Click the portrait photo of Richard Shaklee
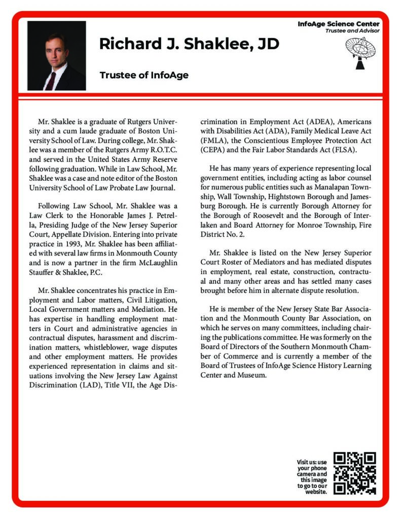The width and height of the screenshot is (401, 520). tap(56, 55)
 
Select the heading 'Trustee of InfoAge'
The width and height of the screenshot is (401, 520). tap(144, 75)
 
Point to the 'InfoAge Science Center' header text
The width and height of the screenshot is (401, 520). tap(339, 24)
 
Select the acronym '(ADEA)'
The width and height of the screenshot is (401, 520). tap(319, 122)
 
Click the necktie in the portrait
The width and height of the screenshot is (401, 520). tap(50, 80)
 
